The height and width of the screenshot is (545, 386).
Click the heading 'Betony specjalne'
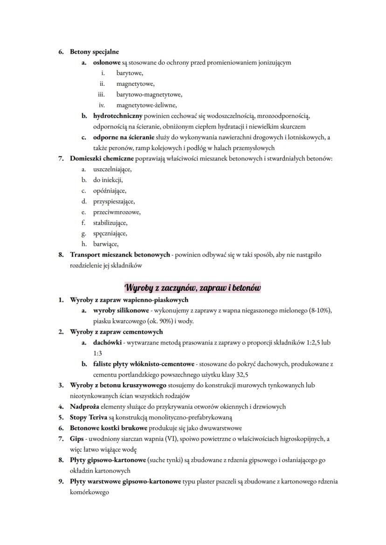[x=94, y=52]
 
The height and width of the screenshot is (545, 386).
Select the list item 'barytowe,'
[x=130, y=73]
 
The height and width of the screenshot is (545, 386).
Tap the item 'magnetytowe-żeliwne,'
[x=146, y=105]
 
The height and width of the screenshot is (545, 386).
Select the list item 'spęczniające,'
[x=110, y=234]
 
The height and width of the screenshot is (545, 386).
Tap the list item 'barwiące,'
[x=106, y=244]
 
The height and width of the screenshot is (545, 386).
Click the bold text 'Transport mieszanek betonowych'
[x=120, y=255]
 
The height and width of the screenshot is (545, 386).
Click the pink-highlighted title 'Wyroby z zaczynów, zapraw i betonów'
[x=193, y=287]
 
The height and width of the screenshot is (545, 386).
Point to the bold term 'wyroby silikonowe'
[x=121, y=310]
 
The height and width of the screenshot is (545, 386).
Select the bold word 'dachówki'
[x=107, y=343]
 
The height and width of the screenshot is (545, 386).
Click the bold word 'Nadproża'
[x=86, y=407]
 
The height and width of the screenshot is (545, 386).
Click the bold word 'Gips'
[x=77, y=439]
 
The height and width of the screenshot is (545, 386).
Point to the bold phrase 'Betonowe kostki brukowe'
[x=109, y=428]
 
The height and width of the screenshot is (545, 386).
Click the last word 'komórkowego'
[x=90, y=492]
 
